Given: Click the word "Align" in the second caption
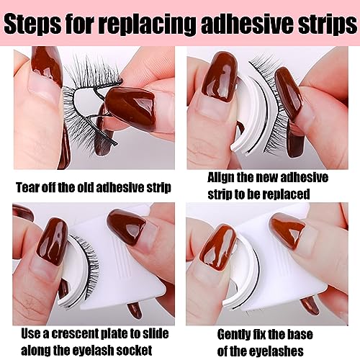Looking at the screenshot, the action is point(220,178).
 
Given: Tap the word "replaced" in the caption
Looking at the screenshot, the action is point(285,194).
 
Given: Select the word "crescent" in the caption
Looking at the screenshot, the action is point(73,334).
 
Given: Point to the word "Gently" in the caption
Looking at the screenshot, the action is point(233,335).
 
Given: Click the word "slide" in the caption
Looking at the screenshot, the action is point(155,334).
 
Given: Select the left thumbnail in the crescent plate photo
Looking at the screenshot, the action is point(53,243).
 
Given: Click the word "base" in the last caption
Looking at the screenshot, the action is point(300,335).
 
